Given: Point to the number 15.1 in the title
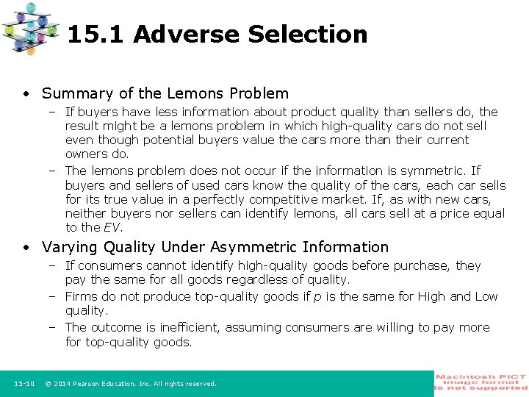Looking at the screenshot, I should pyautogui.click(x=96, y=35).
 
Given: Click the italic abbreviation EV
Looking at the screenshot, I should pyautogui.click(x=113, y=227).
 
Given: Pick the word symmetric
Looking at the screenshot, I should pyautogui.click(x=431, y=171).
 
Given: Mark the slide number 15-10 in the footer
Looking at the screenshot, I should pyautogui.click(x=24, y=383).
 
